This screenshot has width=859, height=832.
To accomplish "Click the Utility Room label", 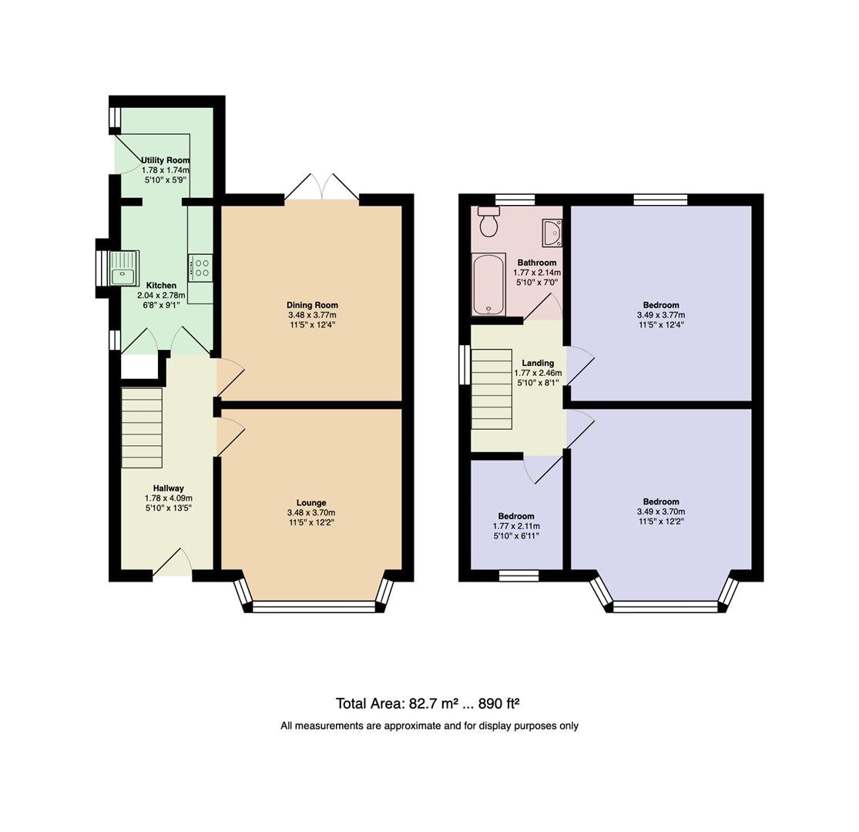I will point(165,160).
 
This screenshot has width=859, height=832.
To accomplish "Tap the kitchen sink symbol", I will point(123,268).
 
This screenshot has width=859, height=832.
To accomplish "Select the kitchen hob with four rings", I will point(201,267).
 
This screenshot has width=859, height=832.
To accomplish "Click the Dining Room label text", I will point(312,305).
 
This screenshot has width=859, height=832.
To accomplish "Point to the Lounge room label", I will point(311,502).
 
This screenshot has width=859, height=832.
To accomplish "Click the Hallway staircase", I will point(142,428).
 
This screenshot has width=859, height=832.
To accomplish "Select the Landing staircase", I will point(492,388).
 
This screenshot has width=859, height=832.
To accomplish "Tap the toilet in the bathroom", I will point(488,222).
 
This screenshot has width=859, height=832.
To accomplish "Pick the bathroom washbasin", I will point(552,232).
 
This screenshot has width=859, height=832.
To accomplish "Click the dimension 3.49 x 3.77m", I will point(660,315).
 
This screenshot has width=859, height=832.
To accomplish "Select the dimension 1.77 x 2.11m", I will point(515,526).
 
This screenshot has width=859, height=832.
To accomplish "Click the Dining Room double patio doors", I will point(322,190).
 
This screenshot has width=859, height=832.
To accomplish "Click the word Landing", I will point(537,363).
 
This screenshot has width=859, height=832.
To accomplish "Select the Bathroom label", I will point(537,263).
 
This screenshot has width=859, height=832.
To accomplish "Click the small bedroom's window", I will point(518,575).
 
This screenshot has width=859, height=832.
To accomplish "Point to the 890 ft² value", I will point(499,703).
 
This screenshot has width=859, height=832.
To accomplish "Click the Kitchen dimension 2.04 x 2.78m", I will point(161,295).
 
